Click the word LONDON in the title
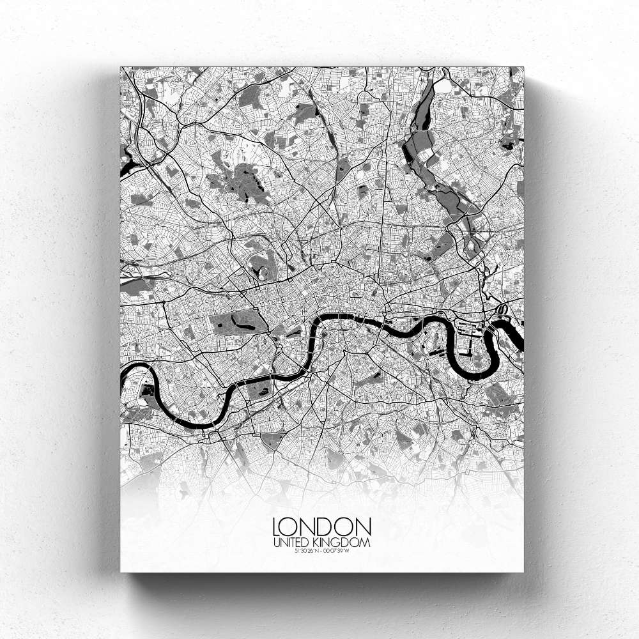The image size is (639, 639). pyautogui.click(x=322, y=527)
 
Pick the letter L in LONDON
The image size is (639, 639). pyautogui.click(x=277, y=527)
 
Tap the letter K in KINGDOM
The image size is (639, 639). pyautogui.click(x=322, y=543)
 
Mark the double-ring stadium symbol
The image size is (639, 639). pyautogui.click(x=502, y=311)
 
